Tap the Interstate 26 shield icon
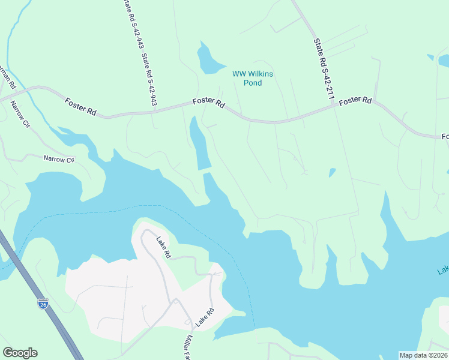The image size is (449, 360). tap(43, 304)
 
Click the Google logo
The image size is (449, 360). tap(20, 353)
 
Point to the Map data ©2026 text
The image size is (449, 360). tap(424, 355)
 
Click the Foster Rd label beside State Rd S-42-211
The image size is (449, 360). tap(355, 102)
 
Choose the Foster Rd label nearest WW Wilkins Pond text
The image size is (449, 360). tap(208, 103)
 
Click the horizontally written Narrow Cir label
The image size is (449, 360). tap(58, 160)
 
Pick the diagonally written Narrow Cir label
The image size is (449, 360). tap(19, 114)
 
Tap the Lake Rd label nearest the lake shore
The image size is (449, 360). tap(163, 248)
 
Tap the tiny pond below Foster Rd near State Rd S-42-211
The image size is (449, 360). tap(332, 173)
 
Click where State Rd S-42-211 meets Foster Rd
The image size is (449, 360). tap(334, 106)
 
